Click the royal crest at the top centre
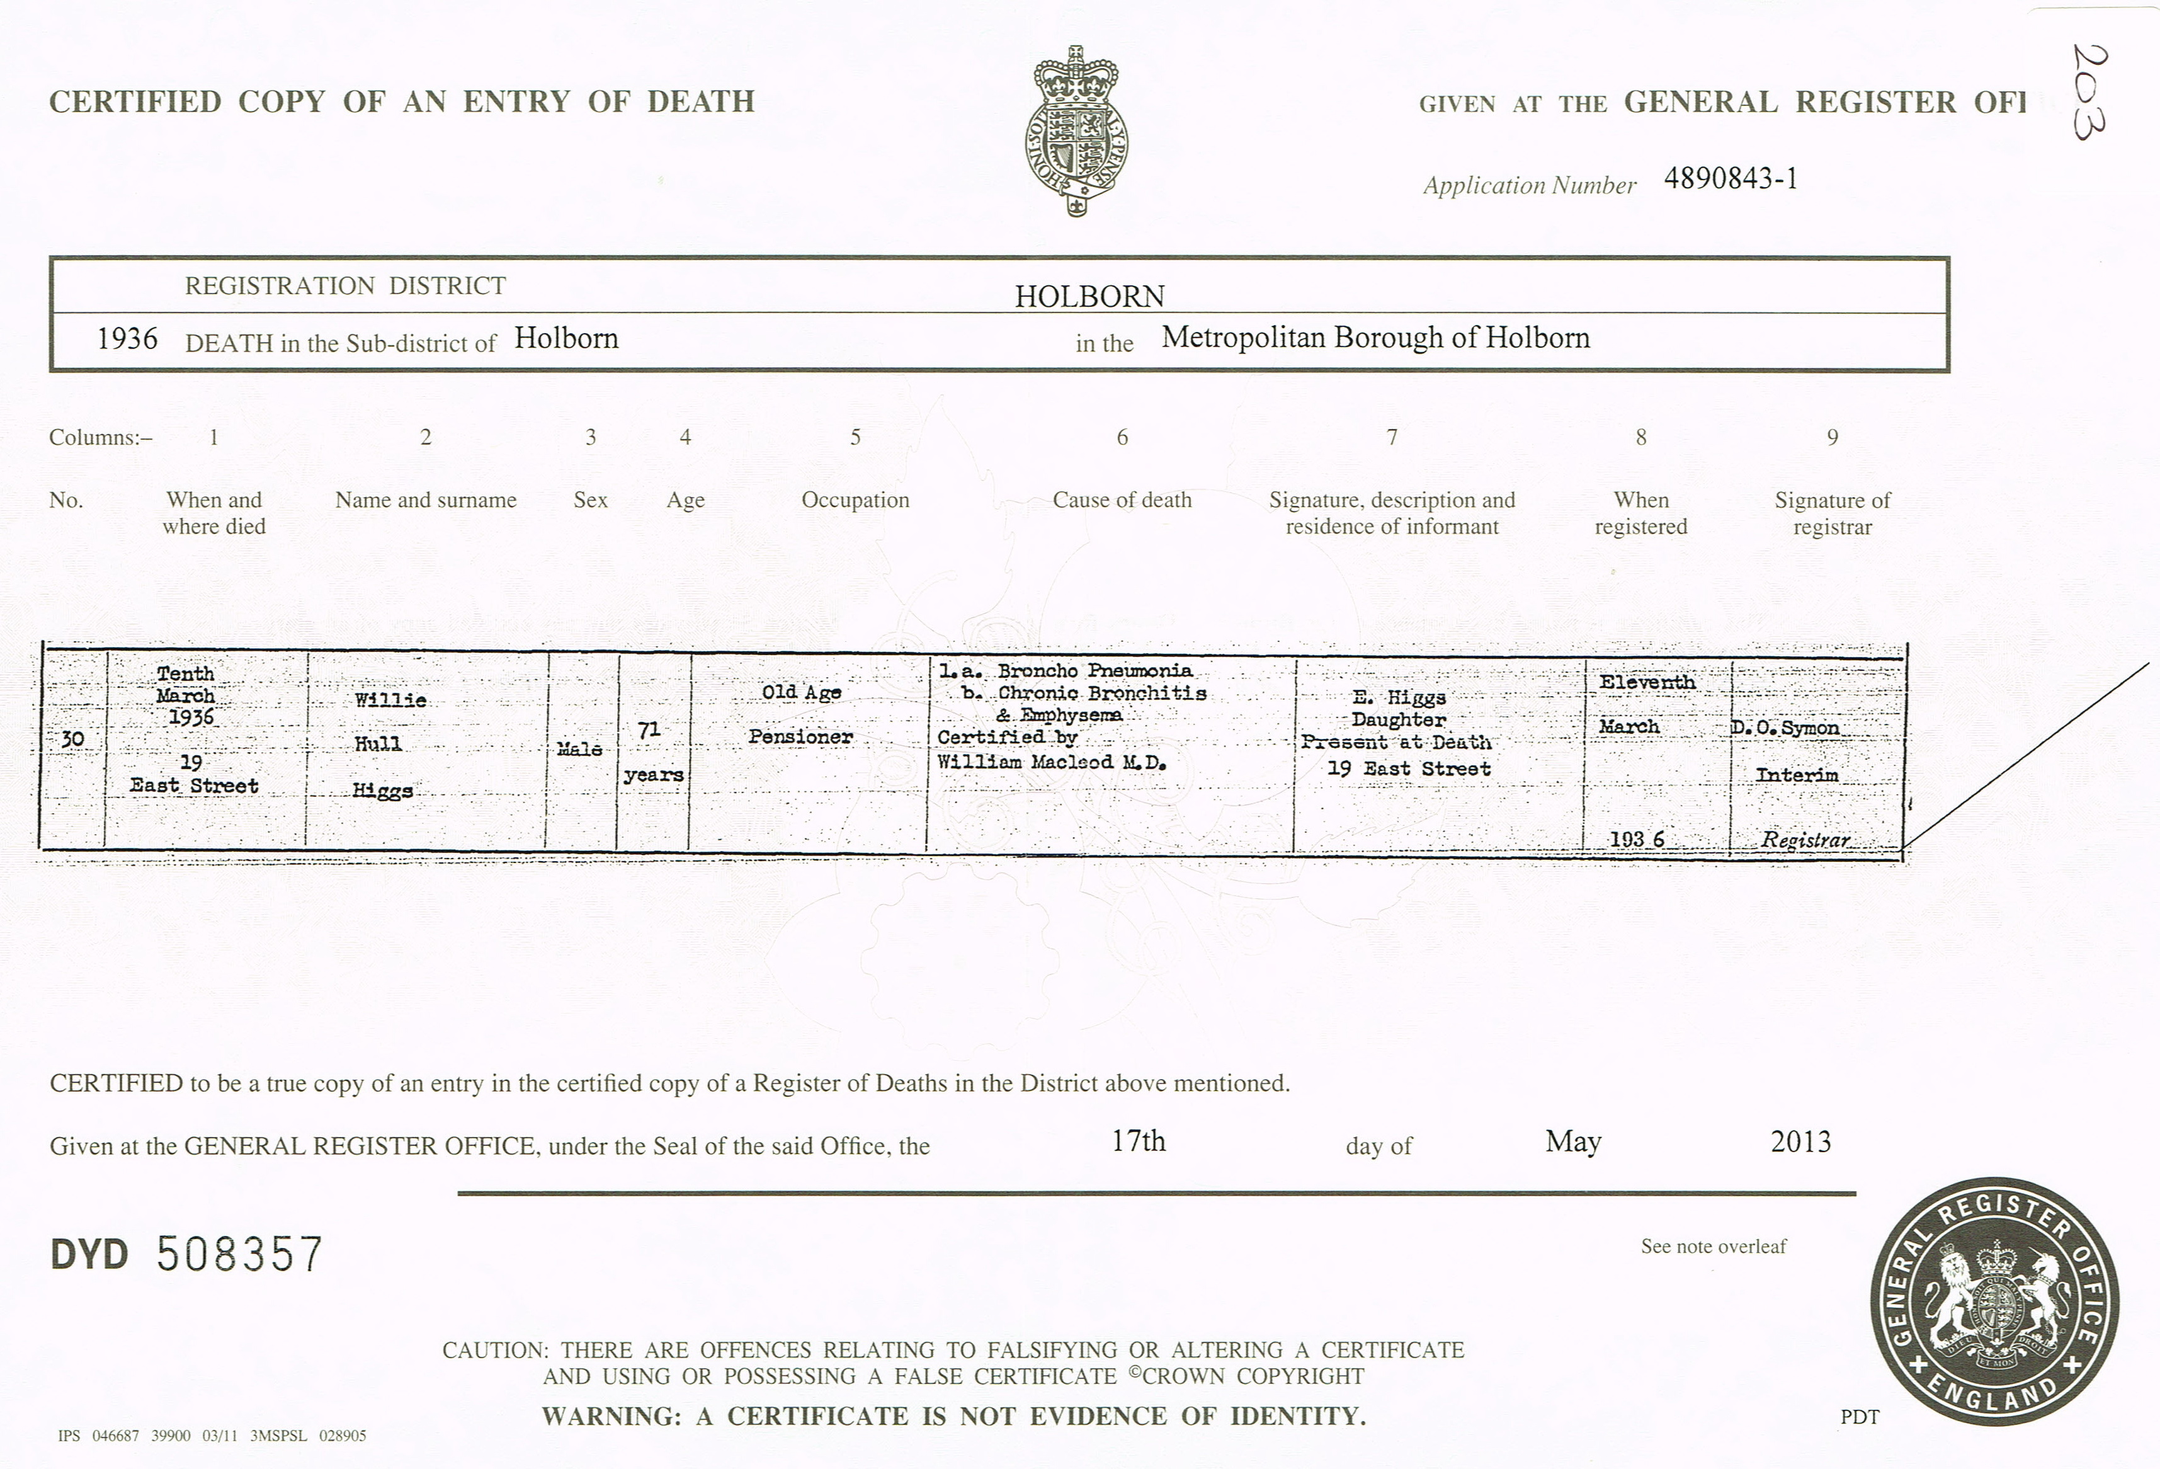pos(1076,131)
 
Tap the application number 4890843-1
pos(1730,178)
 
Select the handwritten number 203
pos(2090,91)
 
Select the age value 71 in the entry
pos(649,731)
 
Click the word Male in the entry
pos(579,748)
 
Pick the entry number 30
pos(72,739)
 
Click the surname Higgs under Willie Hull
pos(382,791)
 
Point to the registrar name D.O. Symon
pos(1785,728)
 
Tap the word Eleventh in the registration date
pos(1647,682)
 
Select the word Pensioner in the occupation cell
pos(800,737)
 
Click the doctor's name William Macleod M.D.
pos(1050,762)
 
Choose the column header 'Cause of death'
pos(1121,500)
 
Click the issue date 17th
pos(1138,1141)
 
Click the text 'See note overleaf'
pos(1713,1247)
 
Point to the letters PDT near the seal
pos(1859,1417)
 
